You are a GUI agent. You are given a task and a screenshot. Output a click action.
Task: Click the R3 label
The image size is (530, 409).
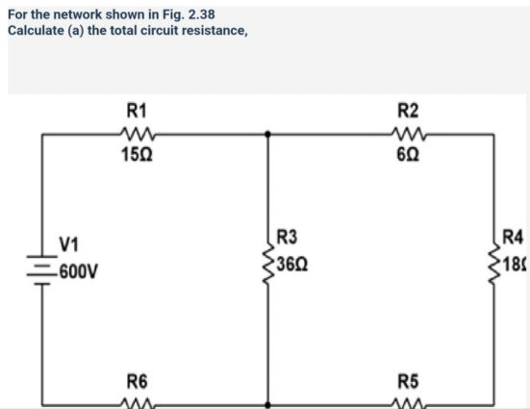tap(287, 235)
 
